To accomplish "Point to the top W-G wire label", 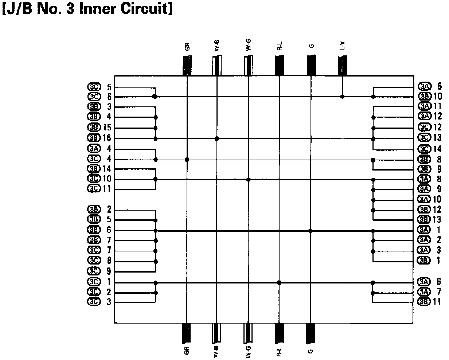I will [x=248, y=47].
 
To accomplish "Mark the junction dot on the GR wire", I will [x=187, y=160].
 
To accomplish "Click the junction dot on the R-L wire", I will [x=279, y=282].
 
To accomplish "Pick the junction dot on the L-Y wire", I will [x=342, y=97].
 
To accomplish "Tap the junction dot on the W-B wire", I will [x=217, y=138].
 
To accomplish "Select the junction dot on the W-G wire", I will [x=248, y=179].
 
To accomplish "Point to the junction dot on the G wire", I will [x=311, y=231].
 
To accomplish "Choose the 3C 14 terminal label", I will [x=430, y=149].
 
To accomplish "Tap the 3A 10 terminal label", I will [x=430, y=199].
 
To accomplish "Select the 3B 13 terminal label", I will [x=430, y=220].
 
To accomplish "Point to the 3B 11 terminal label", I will [x=430, y=302].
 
